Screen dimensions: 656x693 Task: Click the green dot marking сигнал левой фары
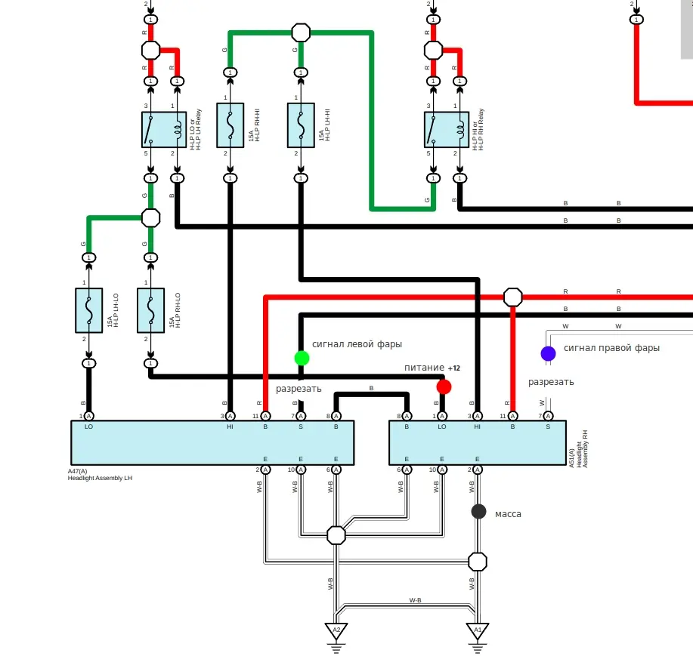pyautogui.click(x=302, y=358)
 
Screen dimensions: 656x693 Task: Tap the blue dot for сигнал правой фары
pyautogui.click(x=548, y=353)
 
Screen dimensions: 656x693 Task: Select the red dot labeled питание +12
pyautogui.click(x=444, y=387)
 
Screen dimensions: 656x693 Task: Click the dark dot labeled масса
pyautogui.click(x=478, y=511)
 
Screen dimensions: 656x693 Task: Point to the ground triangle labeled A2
pyautogui.click(x=336, y=630)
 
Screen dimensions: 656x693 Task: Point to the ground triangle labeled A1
pyautogui.click(x=477, y=630)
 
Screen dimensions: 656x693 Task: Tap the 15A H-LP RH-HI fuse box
pyautogui.click(x=230, y=125)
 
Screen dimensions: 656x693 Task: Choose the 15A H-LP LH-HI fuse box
pyautogui.click(x=301, y=125)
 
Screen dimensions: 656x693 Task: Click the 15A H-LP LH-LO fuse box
pyautogui.click(x=89, y=310)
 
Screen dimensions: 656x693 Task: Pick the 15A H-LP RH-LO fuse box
pyautogui.click(x=150, y=310)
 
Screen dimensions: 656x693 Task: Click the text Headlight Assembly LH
pyautogui.click(x=99, y=478)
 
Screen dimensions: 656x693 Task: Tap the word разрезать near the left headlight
pyautogui.click(x=299, y=389)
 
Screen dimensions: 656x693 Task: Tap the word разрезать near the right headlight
pyautogui.click(x=551, y=381)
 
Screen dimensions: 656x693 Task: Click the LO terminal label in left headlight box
pyautogui.click(x=89, y=427)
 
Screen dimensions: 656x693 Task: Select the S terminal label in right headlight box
pyautogui.click(x=548, y=427)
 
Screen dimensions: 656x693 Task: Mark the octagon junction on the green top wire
pyautogui.click(x=301, y=32)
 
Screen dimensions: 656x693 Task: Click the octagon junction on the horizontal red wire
pyautogui.click(x=512, y=296)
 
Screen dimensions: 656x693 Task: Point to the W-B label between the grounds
pyautogui.click(x=415, y=600)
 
